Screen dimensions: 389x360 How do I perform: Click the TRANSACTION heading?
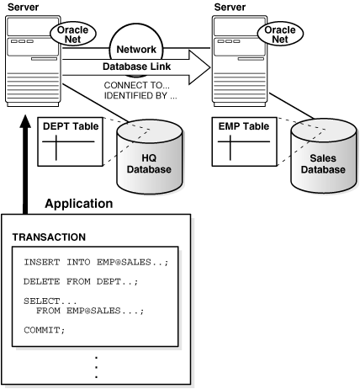tap(50, 238)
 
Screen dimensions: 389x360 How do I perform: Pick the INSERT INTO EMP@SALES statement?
tap(96, 263)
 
